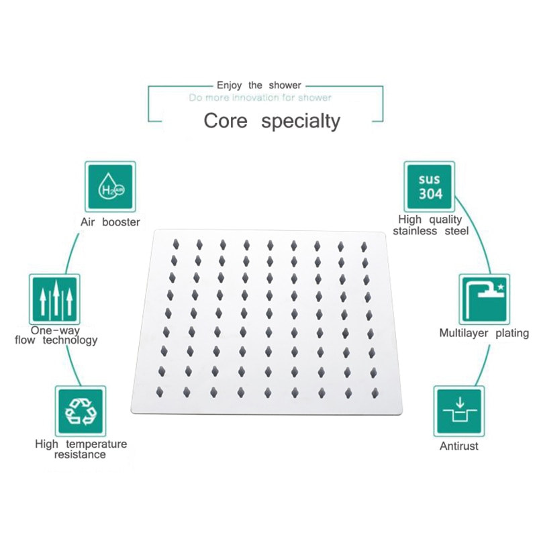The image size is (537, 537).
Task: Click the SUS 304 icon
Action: (x=430, y=187)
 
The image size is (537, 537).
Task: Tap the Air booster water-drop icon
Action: (x=110, y=187)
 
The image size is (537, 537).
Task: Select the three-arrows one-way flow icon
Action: (x=55, y=299)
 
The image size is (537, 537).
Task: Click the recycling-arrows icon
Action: (x=81, y=411)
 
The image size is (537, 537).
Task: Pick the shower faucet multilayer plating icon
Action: (x=484, y=299)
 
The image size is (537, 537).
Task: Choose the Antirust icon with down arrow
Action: (x=459, y=411)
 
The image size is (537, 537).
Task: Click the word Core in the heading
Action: (x=226, y=121)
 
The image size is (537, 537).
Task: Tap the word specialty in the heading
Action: (x=301, y=122)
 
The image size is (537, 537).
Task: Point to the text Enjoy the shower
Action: (x=259, y=85)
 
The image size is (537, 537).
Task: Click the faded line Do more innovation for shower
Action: (x=260, y=98)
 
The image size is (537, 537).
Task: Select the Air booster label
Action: (x=110, y=222)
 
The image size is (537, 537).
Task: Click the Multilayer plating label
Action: (x=484, y=333)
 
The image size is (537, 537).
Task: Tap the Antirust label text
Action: (x=459, y=446)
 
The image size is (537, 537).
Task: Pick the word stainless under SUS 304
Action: (x=415, y=231)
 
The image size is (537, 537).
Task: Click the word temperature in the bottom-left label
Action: (x=96, y=444)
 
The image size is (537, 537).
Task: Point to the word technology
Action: (x=70, y=340)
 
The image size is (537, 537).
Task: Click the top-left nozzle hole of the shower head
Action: (x=176, y=244)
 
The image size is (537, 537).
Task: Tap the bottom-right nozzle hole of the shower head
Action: (x=375, y=393)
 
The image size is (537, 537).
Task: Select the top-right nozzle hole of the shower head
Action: (x=364, y=246)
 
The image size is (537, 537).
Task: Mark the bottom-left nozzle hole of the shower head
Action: (x=160, y=392)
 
